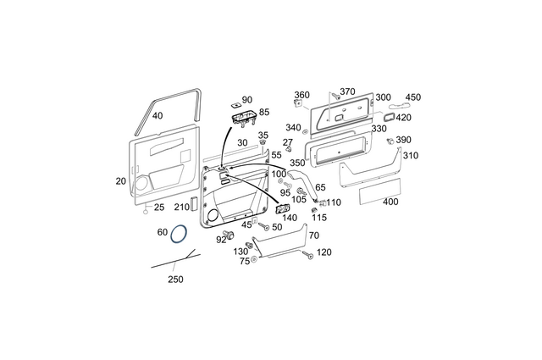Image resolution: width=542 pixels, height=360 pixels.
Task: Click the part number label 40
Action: point(158,115)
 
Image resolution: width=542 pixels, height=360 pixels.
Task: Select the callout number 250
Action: point(174,279)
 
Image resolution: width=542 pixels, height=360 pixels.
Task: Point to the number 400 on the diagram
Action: point(390,202)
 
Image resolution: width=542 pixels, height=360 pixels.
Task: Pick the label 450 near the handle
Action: point(412,97)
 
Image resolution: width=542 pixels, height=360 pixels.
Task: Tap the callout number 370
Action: point(347,91)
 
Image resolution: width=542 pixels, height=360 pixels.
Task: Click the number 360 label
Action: point(301,95)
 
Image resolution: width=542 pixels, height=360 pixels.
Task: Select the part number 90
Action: point(247,100)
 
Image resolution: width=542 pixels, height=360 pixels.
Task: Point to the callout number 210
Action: point(181,207)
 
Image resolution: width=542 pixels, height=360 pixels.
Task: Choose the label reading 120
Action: point(324,252)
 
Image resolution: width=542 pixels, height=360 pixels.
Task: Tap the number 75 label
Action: point(245,262)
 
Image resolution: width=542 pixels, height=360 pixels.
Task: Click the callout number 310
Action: point(410,156)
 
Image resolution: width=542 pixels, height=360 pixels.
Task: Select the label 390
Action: point(403,140)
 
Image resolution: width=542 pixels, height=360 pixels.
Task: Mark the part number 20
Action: point(120,181)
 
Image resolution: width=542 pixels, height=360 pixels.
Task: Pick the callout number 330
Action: point(379,129)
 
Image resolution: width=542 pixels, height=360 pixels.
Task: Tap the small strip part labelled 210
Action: point(194,204)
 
